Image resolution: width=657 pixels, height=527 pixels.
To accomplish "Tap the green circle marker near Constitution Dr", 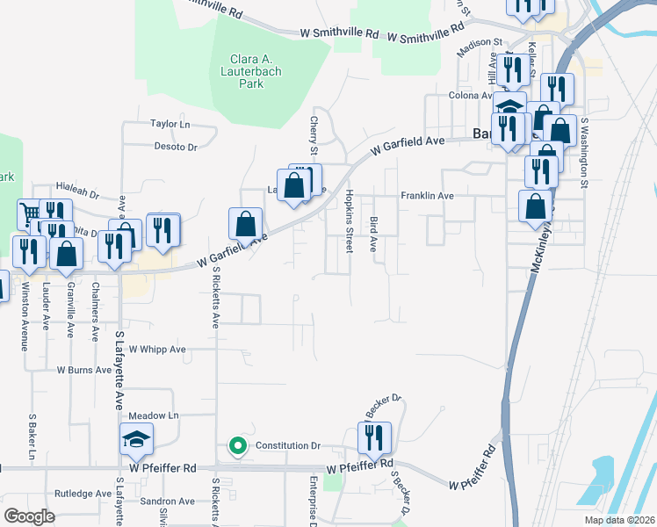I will pos(236,446).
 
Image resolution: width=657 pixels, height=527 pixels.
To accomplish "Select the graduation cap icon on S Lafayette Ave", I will pos(136,439).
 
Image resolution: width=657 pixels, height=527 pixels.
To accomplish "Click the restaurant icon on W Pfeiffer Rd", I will pos(374,438).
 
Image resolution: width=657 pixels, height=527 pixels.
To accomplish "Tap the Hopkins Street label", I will pos(349,220).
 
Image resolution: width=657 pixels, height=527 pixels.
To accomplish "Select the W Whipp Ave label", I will pos(158,349).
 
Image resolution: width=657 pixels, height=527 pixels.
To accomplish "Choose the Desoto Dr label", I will pos(176,147).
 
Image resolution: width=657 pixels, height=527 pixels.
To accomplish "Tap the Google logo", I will pos(30,516).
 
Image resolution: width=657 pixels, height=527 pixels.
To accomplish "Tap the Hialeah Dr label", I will pos(78,187).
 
